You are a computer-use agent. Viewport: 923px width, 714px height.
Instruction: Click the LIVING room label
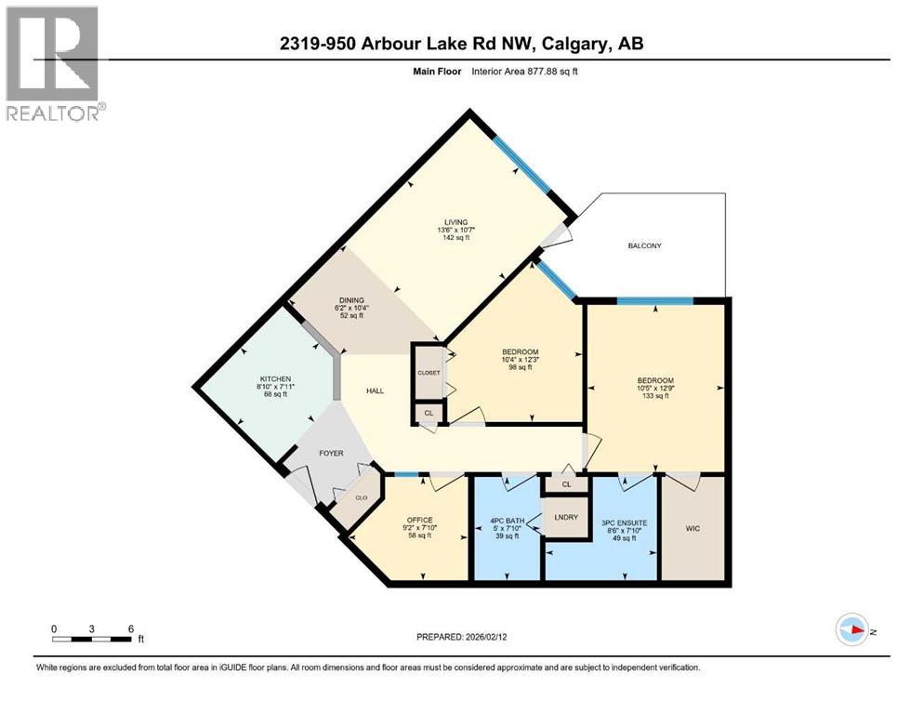(455, 221)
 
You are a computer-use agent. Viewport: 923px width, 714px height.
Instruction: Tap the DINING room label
(349, 300)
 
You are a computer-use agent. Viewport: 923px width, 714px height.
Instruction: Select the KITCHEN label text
(275, 379)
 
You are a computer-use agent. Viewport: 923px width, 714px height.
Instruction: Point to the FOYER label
(331, 454)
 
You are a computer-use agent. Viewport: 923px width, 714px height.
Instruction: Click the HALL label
(375, 391)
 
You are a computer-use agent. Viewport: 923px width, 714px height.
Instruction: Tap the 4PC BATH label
(507, 521)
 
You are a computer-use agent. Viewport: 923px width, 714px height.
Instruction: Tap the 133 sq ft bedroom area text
(655, 396)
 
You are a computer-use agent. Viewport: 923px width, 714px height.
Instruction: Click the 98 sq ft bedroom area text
(513, 367)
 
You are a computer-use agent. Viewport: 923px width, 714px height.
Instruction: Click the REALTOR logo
(55, 63)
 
